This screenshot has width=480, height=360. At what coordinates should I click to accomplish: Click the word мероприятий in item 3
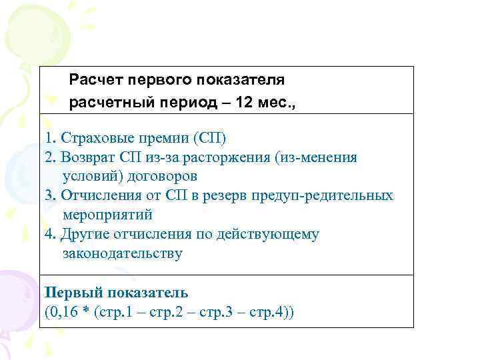(x=107, y=215)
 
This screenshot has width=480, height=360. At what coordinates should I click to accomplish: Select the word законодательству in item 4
(x=122, y=254)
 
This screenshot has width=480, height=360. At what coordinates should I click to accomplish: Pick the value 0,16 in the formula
(x=63, y=312)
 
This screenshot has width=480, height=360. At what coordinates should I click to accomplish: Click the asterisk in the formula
(x=87, y=312)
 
